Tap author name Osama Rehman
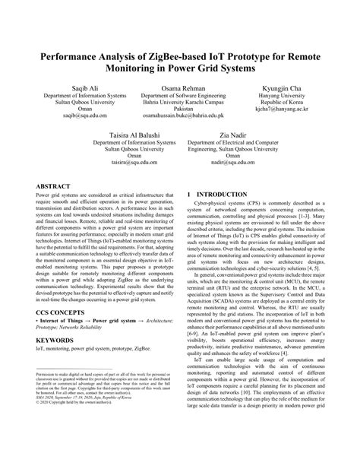[x=180, y=90]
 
